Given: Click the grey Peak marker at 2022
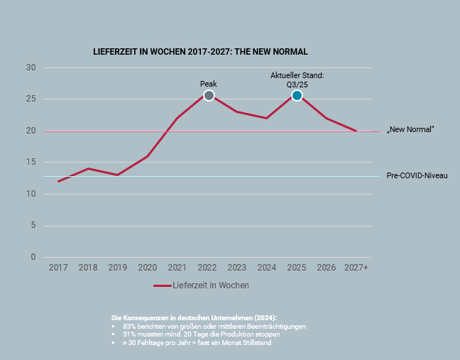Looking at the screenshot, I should tap(209, 95).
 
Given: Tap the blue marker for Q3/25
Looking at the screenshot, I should tap(297, 95).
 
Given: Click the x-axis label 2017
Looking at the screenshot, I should tap(58, 268).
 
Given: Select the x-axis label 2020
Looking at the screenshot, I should tap(147, 268).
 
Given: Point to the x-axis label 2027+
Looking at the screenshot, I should tap(356, 268).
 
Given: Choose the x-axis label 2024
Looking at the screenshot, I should tap(266, 268).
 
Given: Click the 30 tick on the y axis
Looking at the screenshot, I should tap(31, 67).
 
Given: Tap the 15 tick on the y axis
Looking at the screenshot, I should tap(31, 163).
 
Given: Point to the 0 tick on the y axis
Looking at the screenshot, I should tap(33, 257).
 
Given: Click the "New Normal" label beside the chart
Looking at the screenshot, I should tap(410, 130).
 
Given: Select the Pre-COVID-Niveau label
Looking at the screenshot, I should tap(417, 175).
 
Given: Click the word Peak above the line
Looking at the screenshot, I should tap(209, 84).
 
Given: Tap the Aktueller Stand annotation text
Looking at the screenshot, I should tap(297, 79).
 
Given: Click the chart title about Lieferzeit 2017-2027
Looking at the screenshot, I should tap(200, 52).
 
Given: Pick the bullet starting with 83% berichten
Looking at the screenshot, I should tap(214, 326).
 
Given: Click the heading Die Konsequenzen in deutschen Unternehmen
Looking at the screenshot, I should tap(194, 317).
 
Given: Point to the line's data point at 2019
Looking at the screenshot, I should tap(118, 175).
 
